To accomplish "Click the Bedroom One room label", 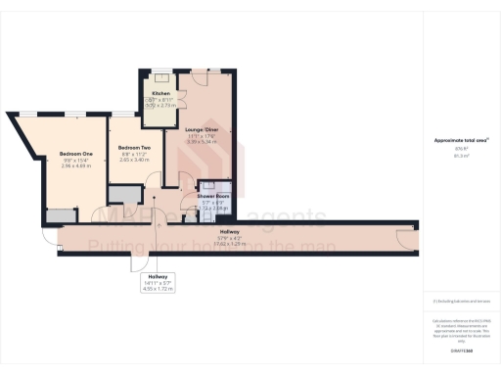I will click(74, 154).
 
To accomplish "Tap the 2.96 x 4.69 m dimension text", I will click(74, 165).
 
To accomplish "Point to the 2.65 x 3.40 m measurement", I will click(125, 159).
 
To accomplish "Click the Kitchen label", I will click(159, 93).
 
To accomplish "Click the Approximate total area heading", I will click(461, 140).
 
